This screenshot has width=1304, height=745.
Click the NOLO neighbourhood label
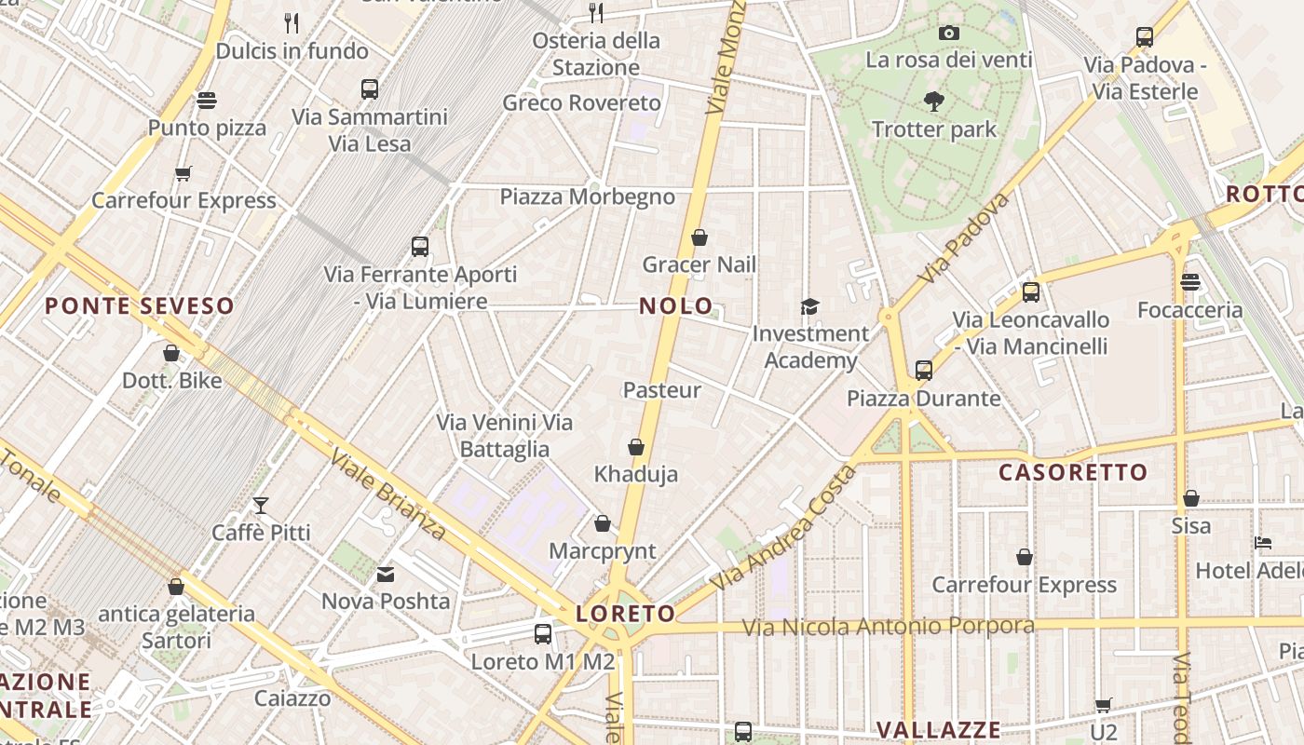pyautogui.click(x=676, y=305)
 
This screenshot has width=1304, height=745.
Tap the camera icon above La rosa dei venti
pyautogui.click(x=949, y=34)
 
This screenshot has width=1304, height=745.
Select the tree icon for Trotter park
pyautogui.click(x=933, y=102)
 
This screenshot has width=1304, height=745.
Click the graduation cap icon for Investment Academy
pyautogui.click(x=809, y=306)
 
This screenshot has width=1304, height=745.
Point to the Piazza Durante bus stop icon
pyautogui.click(x=923, y=371)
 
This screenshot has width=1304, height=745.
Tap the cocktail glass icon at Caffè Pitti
pyautogui.click(x=261, y=506)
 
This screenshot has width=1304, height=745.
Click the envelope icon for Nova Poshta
pyautogui.click(x=386, y=575)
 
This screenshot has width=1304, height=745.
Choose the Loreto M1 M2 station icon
pyautogui.click(x=543, y=634)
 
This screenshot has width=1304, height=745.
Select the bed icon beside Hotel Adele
pyautogui.click(x=1263, y=543)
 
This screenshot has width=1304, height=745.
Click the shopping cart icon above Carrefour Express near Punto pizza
pyautogui.click(x=183, y=173)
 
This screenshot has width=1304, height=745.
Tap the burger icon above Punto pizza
pyautogui.click(x=207, y=101)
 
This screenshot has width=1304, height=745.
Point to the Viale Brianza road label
pyautogui.click(x=389, y=496)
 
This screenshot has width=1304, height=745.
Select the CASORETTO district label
pyautogui.click(x=1073, y=472)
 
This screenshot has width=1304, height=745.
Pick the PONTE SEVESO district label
pyautogui.click(x=140, y=305)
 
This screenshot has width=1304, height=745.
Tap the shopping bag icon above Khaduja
pyautogui.click(x=636, y=448)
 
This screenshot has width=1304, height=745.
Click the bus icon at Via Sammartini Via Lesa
pyautogui.click(x=370, y=89)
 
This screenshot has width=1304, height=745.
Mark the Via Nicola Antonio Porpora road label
pyautogui.click(x=888, y=626)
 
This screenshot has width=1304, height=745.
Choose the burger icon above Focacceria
pyautogui.click(x=1189, y=282)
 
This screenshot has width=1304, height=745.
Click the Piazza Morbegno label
pyautogui.click(x=587, y=196)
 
